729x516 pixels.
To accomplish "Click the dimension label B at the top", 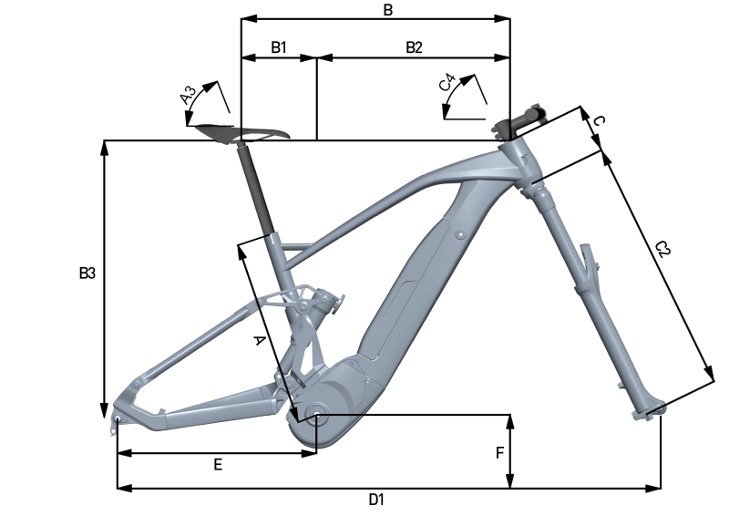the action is point(388,10).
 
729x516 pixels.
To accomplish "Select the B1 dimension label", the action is point(279,47).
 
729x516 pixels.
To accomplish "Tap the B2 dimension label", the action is point(415,47).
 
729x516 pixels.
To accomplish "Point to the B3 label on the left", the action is point(87,273).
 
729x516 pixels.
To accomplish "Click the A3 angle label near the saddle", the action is point(189,95).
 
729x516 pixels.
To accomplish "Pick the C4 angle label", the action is point(447,83).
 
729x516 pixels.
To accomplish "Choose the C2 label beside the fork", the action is point(662,249).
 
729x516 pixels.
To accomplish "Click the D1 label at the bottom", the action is point(376,500).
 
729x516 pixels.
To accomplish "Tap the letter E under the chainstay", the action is point(218,464).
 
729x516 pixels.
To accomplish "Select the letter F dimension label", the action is point(499,453).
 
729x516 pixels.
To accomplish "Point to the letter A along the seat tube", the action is point(259,341).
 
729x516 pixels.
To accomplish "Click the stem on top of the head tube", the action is point(521,121).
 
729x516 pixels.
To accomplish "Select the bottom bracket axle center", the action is point(316,415).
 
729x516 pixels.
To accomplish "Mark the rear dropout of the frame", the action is point(118,419).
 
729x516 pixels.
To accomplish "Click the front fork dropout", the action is point(649,411).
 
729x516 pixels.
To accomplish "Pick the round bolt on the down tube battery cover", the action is point(460,234).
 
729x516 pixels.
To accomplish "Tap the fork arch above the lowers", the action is point(588,263).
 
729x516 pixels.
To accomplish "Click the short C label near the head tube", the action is point(600,121).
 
